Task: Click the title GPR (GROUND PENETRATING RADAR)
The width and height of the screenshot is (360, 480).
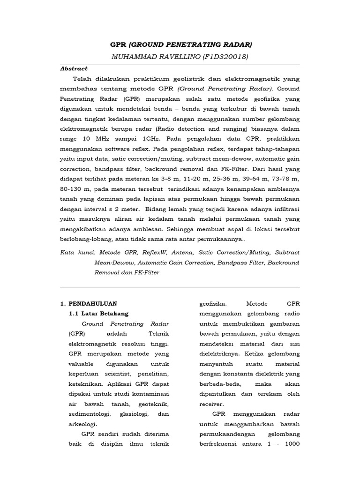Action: (180, 45)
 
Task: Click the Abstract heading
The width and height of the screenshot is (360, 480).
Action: (74, 68)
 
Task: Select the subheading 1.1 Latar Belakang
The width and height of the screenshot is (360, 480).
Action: (98, 314)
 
